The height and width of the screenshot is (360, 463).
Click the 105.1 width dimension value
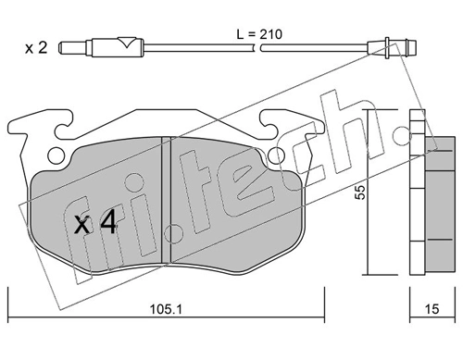click(x=166, y=309)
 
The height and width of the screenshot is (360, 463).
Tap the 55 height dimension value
click(x=360, y=192)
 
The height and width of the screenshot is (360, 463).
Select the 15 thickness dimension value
click(x=432, y=309)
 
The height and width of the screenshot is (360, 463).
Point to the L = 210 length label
click(x=259, y=34)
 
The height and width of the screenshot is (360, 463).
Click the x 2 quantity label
click(x=36, y=48)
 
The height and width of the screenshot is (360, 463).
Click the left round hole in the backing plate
click(x=56, y=155)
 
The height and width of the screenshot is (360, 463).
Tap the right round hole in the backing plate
click(x=276, y=155)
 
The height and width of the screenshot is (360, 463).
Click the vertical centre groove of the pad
click(x=167, y=200)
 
